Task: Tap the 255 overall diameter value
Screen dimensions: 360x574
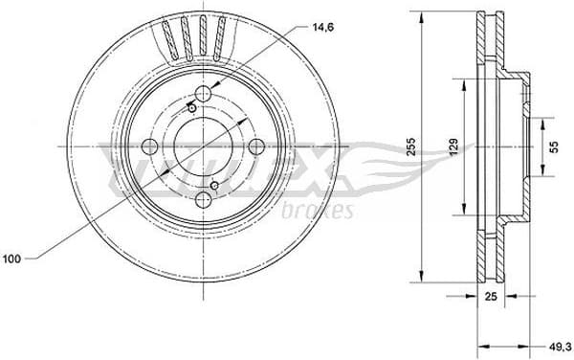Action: point(409,146)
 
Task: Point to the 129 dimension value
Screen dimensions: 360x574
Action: point(454,146)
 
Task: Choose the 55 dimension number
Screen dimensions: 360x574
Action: point(553,146)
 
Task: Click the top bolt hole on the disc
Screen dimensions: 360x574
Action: point(204,94)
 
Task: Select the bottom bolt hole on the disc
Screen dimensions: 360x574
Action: point(204,200)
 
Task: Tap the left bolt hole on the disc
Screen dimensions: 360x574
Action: point(150,146)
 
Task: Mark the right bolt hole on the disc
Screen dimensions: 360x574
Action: point(256,146)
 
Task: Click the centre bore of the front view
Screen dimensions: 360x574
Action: point(203,146)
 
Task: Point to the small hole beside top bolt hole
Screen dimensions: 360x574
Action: point(192,108)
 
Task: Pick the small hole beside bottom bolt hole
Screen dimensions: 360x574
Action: point(215,185)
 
